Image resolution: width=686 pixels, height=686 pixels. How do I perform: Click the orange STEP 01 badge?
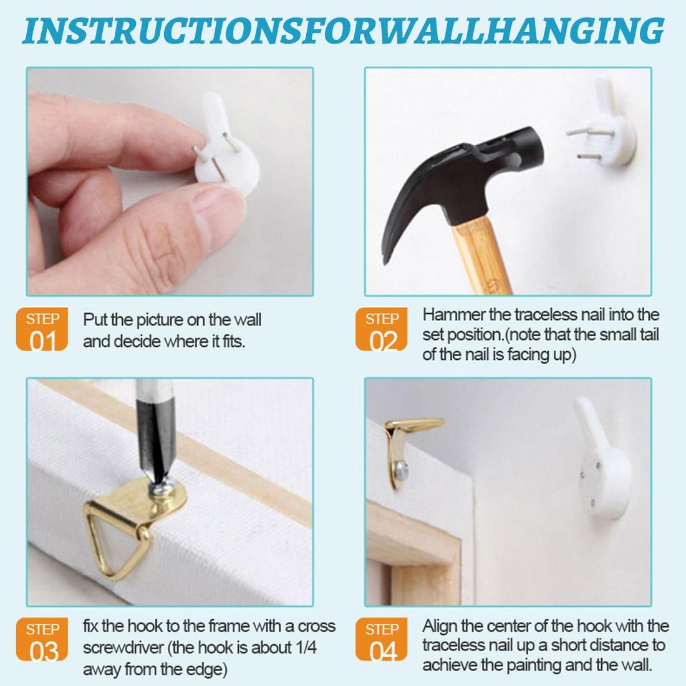(x=42, y=329)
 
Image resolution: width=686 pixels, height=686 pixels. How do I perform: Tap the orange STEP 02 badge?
(x=381, y=329)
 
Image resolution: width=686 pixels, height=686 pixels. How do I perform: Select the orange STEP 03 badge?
(x=42, y=639)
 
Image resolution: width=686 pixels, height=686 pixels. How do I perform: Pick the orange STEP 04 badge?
(x=381, y=639)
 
